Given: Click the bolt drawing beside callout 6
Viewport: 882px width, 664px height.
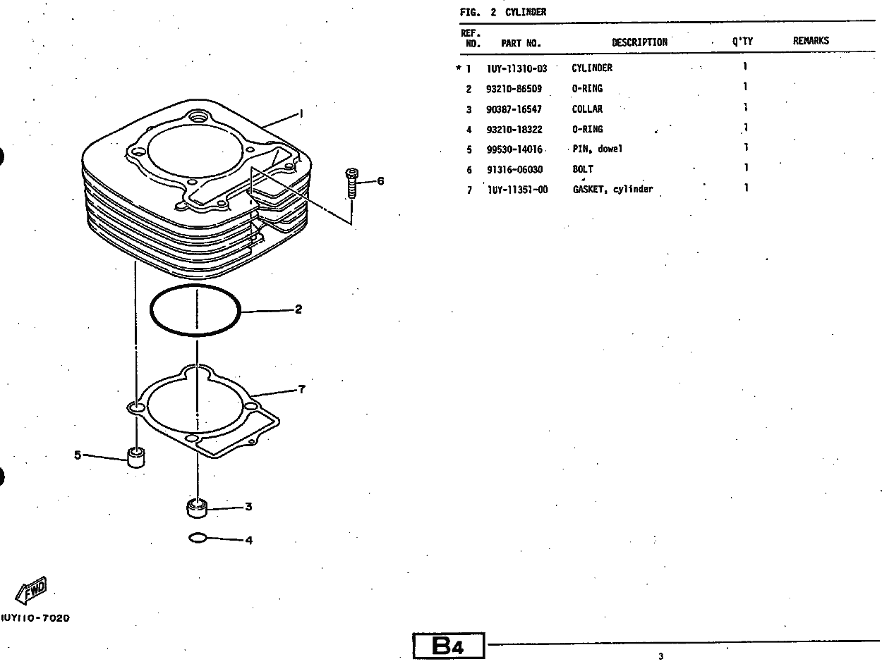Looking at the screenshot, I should coord(351,182).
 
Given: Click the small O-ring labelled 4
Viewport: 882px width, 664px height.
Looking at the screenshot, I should coord(198,539).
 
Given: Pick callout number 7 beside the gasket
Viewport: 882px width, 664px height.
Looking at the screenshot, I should coord(301,389).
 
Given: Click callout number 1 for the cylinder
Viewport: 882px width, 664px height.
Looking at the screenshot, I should coord(301,113).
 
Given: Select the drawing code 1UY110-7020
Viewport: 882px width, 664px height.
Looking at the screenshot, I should coord(35,618).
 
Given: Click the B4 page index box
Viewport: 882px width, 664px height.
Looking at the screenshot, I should coord(449,646).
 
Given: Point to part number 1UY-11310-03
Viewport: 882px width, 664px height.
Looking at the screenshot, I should coord(516,68).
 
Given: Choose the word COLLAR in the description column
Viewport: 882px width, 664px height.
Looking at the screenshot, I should coord(587,109).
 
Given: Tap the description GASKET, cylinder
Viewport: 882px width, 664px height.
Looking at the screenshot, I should coord(612,190).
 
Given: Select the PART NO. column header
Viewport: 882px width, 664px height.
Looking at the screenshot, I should coord(521,43).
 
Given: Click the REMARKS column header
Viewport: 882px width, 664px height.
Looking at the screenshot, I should coord(811,41).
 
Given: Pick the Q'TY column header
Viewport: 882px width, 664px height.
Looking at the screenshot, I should coord(742,42).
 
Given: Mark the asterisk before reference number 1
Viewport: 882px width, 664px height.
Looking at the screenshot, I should coord(459,68).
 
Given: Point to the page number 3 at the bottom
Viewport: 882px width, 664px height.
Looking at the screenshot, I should coord(660,657).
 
